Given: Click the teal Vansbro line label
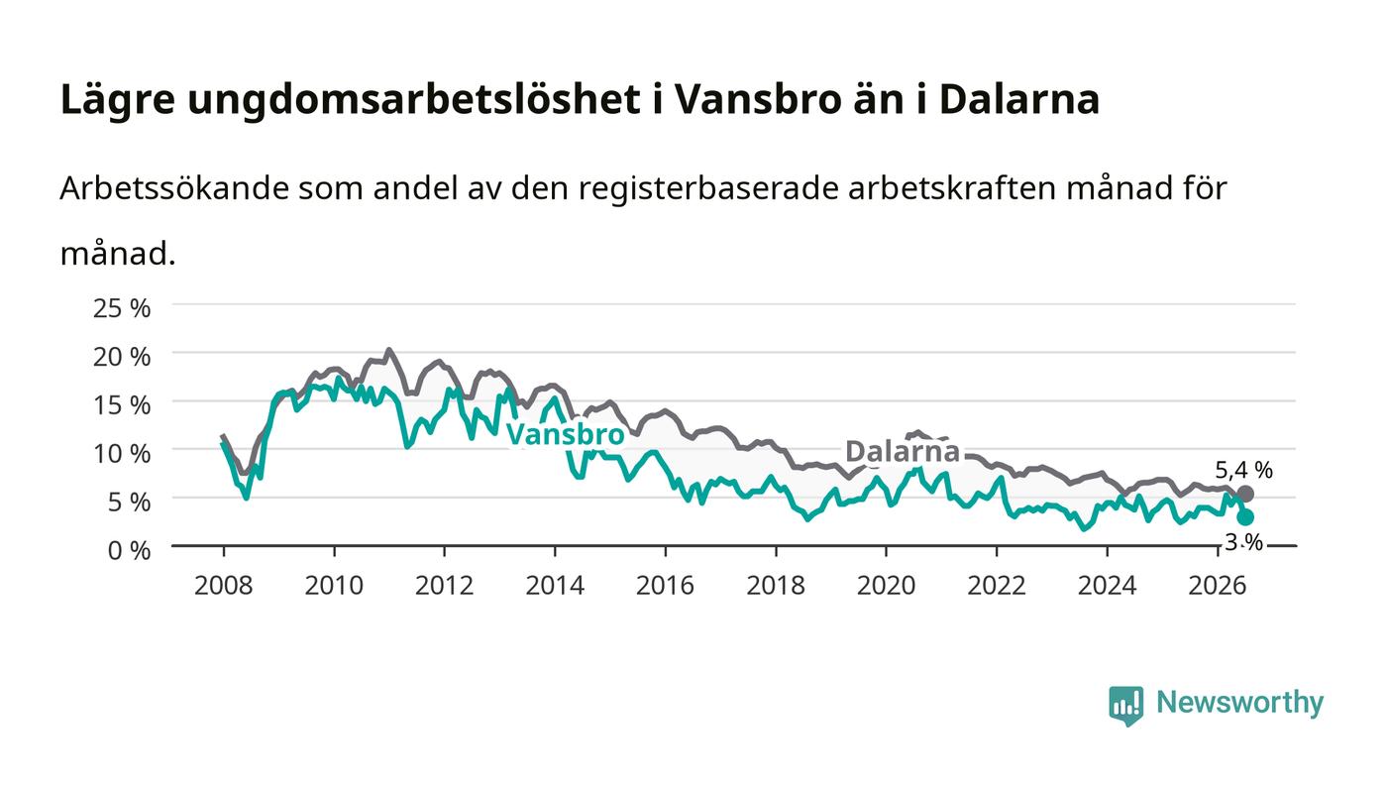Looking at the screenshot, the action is pyautogui.click(x=566, y=434).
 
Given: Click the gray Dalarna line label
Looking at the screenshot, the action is pyautogui.click(x=903, y=451).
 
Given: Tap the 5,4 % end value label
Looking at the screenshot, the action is pyautogui.click(x=1243, y=471).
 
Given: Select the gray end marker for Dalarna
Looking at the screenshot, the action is pyautogui.click(x=1245, y=494).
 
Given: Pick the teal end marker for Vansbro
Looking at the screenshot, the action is pyautogui.click(x=1245, y=516).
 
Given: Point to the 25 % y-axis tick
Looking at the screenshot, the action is pyautogui.click(x=121, y=308).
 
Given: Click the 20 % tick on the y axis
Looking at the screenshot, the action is pyautogui.click(x=121, y=357).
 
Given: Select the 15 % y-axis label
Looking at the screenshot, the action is pyautogui.click(x=121, y=405).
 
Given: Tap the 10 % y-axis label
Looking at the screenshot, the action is pyautogui.click(x=121, y=454).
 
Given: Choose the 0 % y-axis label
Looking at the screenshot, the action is pyautogui.click(x=129, y=550).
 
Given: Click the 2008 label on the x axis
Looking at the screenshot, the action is pyautogui.click(x=224, y=585).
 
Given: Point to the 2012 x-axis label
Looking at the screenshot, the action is pyautogui.click(x=444, y=585).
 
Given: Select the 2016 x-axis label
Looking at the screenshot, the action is pyautogui.click(x=665, y=585).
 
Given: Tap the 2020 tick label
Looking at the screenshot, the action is pyautogui.click(x=886, y=585).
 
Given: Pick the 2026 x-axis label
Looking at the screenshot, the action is pyautogui.click(x=1218, y=585).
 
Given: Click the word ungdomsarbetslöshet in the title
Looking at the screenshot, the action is pyautogui.click(x=414, y=100).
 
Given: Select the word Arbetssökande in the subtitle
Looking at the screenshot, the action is pyautogui.click(x=174, y=187).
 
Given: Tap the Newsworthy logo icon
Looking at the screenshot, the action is pyautogui.click(x=1125, y=705).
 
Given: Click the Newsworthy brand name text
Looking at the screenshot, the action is pyautogui.click(x=1239, y=703).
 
